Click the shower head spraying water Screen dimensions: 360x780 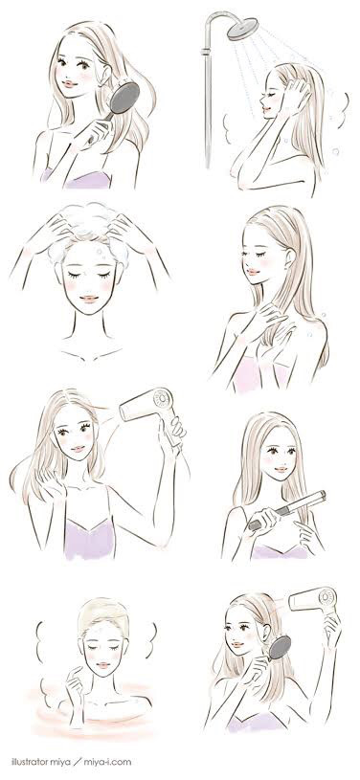242,29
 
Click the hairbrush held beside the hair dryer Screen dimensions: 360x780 279,648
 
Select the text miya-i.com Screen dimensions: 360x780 107,762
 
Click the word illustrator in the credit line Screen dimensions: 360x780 26,762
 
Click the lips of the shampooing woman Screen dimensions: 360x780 89,299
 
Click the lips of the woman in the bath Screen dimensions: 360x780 103,665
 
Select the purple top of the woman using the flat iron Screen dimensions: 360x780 280,551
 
